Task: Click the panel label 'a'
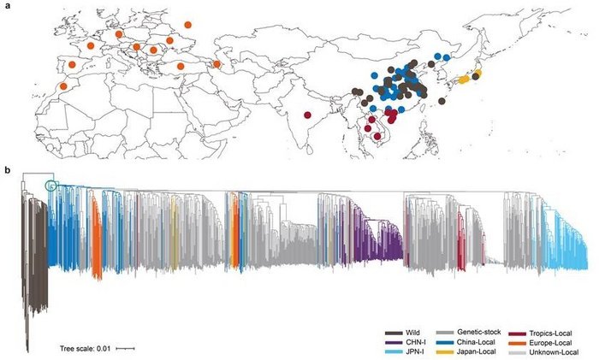coord(8,5)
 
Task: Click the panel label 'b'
coord(8,170)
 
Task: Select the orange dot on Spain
coord(73,65)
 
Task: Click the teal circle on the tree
coord(50,186)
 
